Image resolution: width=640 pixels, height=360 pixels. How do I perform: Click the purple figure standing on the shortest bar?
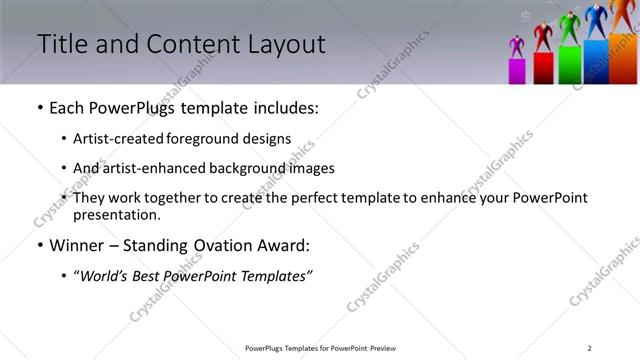517,47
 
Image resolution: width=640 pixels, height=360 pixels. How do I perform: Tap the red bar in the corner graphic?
543,68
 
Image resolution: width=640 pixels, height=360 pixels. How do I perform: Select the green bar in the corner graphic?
570,64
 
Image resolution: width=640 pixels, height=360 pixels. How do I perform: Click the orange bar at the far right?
623,58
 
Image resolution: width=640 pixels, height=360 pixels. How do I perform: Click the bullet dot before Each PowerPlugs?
39,108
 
